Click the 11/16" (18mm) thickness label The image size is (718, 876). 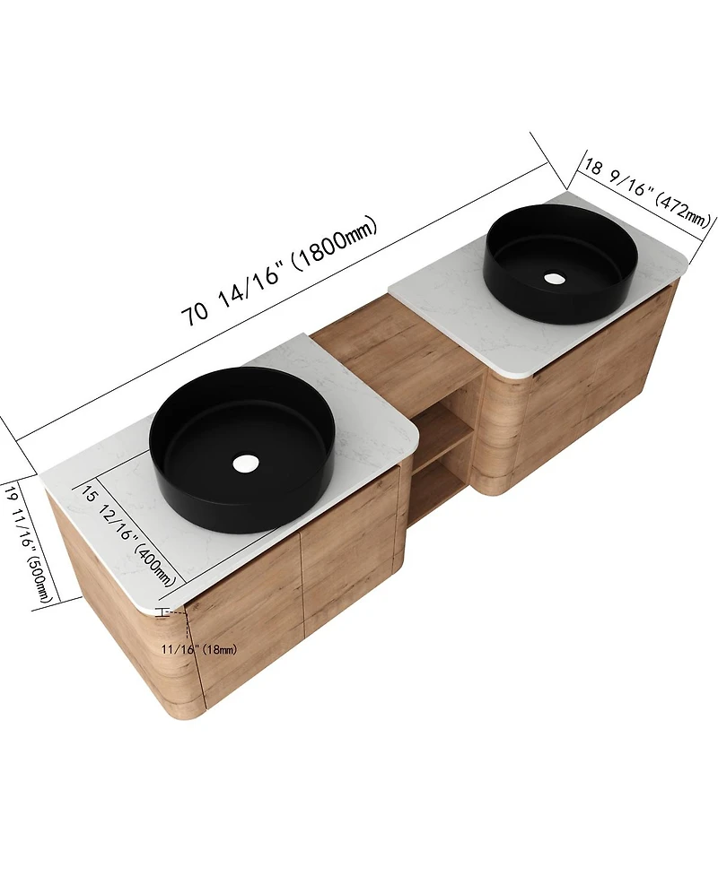pos(199,649)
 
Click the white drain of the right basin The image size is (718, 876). pos(555,278)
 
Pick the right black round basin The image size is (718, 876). pos(560,264)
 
